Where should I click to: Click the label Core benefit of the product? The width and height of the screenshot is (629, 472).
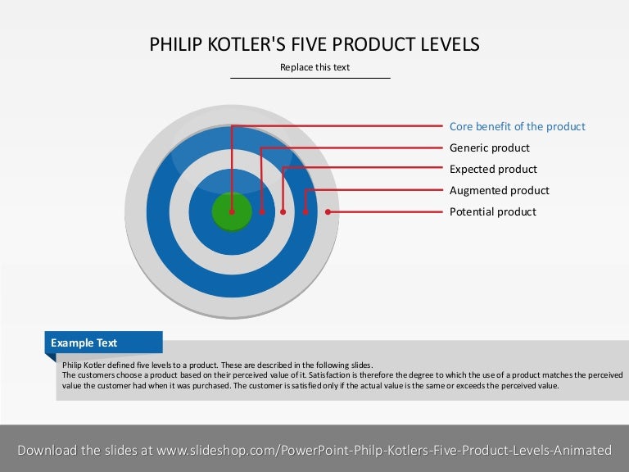click(x=518, y=127)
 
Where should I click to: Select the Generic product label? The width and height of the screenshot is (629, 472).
click(x=490, y=148)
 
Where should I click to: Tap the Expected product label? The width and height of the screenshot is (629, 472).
click(x=493, y=170)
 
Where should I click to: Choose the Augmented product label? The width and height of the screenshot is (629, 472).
click(x=500, y=191)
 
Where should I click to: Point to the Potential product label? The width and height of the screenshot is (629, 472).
click(x=493, y=212)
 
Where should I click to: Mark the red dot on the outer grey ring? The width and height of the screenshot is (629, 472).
click(x=328, y=211)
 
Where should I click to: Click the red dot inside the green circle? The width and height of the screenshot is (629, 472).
click(x=232, y=211)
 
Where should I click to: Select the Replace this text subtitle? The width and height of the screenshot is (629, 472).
click(x=314, y=67)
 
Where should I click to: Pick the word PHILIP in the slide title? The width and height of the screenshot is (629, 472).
click(x=172, y=44)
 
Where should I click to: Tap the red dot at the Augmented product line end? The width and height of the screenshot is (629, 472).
click(x=305, y=211)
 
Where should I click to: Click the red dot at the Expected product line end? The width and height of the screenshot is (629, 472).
click(x=283, y=211)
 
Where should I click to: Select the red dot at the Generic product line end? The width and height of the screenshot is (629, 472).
click(x=262, y=211)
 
